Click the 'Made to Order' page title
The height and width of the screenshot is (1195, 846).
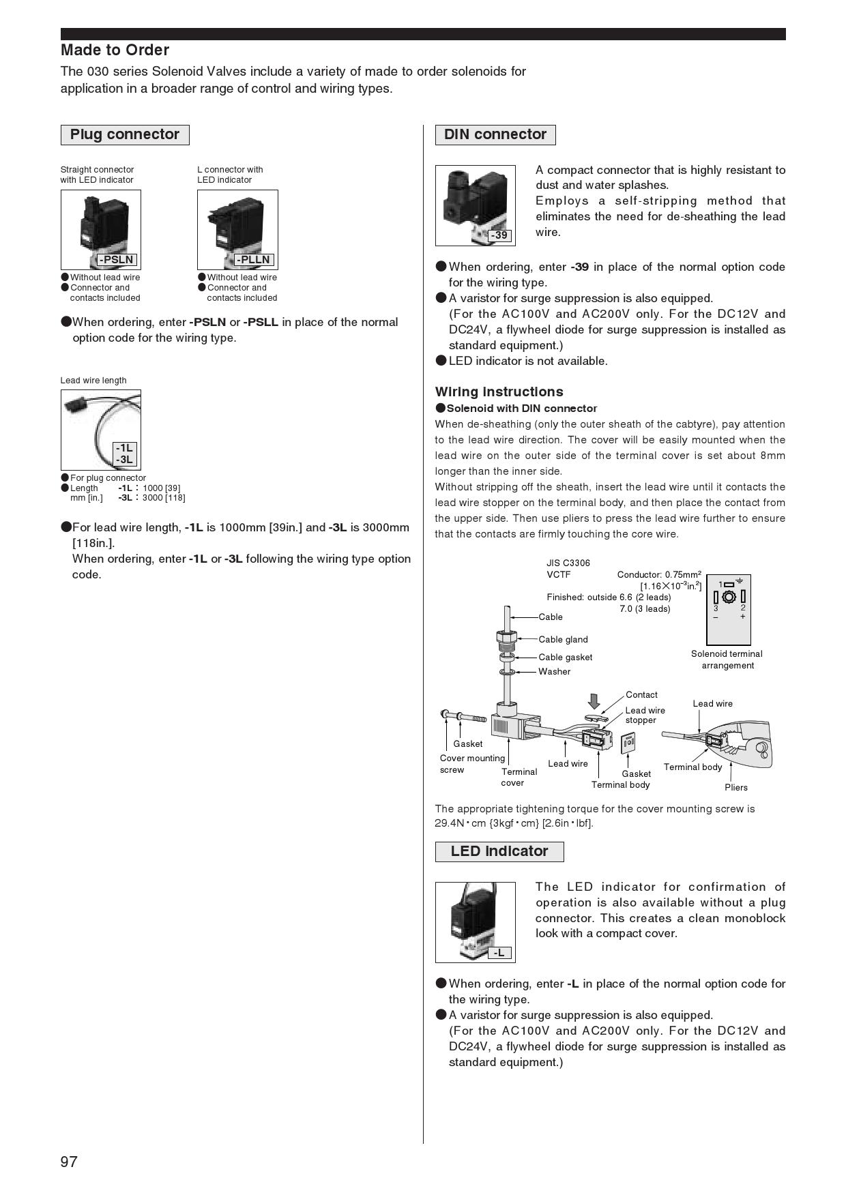click(115, 50)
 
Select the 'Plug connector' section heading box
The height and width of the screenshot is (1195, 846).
click(125, 134)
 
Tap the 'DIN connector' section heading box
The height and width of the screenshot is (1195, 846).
click(495, 134)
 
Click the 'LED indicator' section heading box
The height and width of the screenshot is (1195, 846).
click(499, 851)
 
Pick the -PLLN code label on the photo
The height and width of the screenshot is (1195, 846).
click(253, 260)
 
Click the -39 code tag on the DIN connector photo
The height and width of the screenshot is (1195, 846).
click(500, 235)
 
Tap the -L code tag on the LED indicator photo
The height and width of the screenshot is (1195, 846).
click(499, 953)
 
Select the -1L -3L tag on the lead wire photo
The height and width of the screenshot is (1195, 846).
click(124, 454)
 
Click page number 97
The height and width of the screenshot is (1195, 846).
click(69, 1162)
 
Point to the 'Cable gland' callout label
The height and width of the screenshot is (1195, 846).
click(563, 639)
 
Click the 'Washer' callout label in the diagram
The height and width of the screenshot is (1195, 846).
click(554, 671)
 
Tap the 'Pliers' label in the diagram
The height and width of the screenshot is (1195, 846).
click(735, 787)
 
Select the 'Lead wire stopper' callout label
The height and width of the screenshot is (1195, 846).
click(645, 715)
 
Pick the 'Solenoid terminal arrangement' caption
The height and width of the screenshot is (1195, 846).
click(727, 660)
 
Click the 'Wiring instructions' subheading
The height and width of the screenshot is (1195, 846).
click(499, 392)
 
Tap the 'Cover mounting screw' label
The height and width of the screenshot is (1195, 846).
click(471, 764)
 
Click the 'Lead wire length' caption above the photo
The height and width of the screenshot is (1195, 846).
click(93, 381)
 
